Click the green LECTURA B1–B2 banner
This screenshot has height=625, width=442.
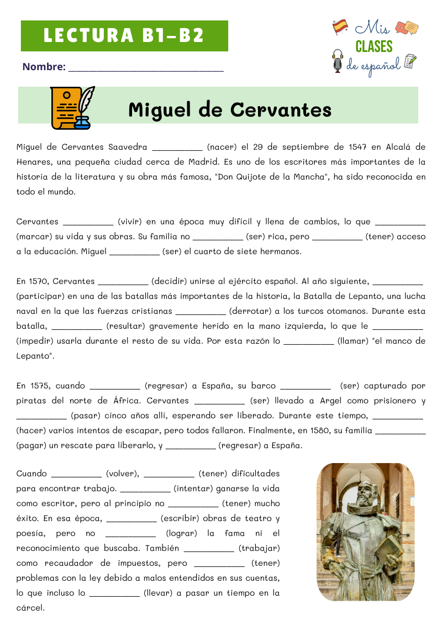click(124, 36)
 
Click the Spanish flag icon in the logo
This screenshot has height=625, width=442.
click(340, 25)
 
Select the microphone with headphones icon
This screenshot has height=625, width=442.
click(337, 61)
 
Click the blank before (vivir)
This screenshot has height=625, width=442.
click(88, 222)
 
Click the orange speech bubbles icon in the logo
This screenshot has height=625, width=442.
click(407, 27)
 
